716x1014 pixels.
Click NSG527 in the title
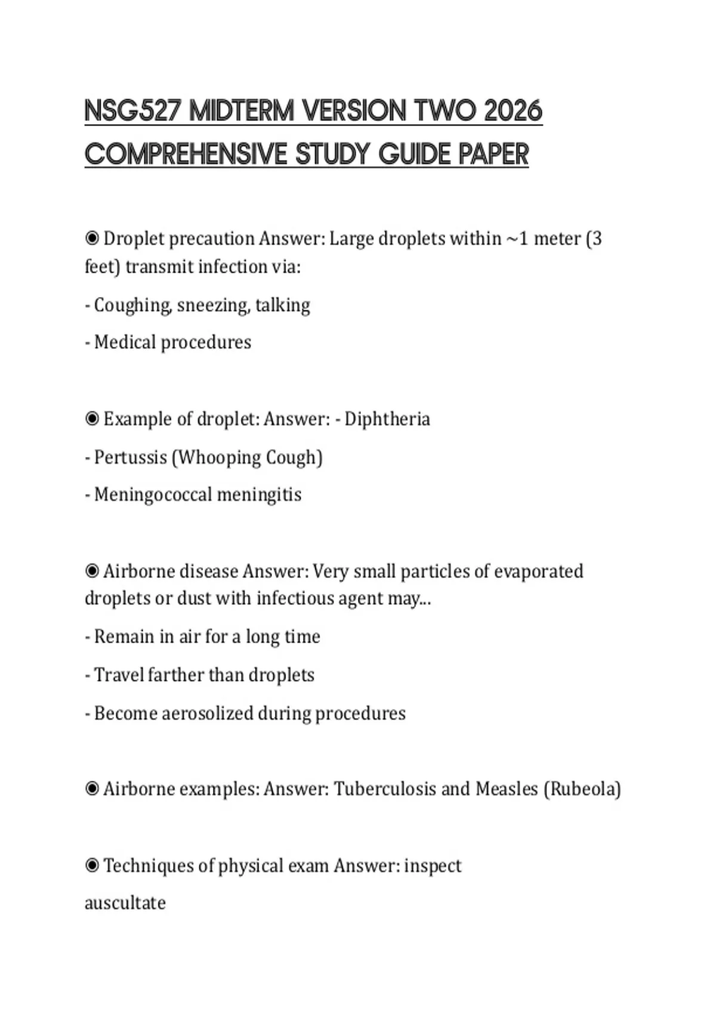[x=132, y=111]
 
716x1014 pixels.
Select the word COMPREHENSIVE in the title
[x=186, y=154]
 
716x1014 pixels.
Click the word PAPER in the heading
[x=493, y=154]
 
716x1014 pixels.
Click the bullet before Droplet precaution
[x=92, y=239]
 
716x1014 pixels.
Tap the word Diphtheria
[x=387, y=419]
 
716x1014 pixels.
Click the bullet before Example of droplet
[x=92, y=419]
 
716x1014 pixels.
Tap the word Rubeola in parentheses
[x=582, y=789]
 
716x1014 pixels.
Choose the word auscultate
[x=125, y=903]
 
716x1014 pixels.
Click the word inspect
[x=433, y=866]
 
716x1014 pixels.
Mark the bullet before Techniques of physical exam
[x=92, y=865]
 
